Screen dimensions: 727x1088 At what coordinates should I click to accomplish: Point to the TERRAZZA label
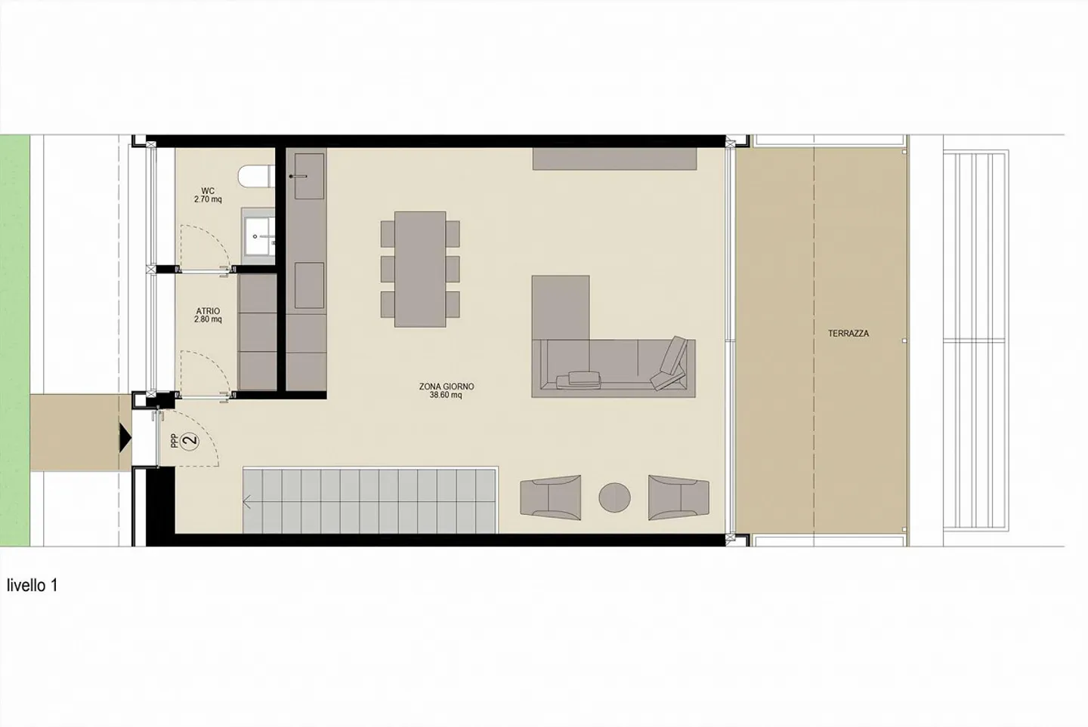pos(848,333)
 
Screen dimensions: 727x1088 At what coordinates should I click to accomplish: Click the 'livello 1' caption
pos(32,585)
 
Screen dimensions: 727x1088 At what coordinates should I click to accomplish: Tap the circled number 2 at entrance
pos(190,441)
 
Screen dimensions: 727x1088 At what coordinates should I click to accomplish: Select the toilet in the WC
pos(254,177)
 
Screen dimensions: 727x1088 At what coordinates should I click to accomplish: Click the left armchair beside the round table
pos(550,498)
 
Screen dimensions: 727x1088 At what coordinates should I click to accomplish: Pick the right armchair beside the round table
pos(678,498)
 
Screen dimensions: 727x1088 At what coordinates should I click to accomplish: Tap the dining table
pos(420,269)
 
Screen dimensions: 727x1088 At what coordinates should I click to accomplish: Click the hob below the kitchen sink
pos(308,285)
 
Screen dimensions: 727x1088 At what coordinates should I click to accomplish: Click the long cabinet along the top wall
pos(614,159)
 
